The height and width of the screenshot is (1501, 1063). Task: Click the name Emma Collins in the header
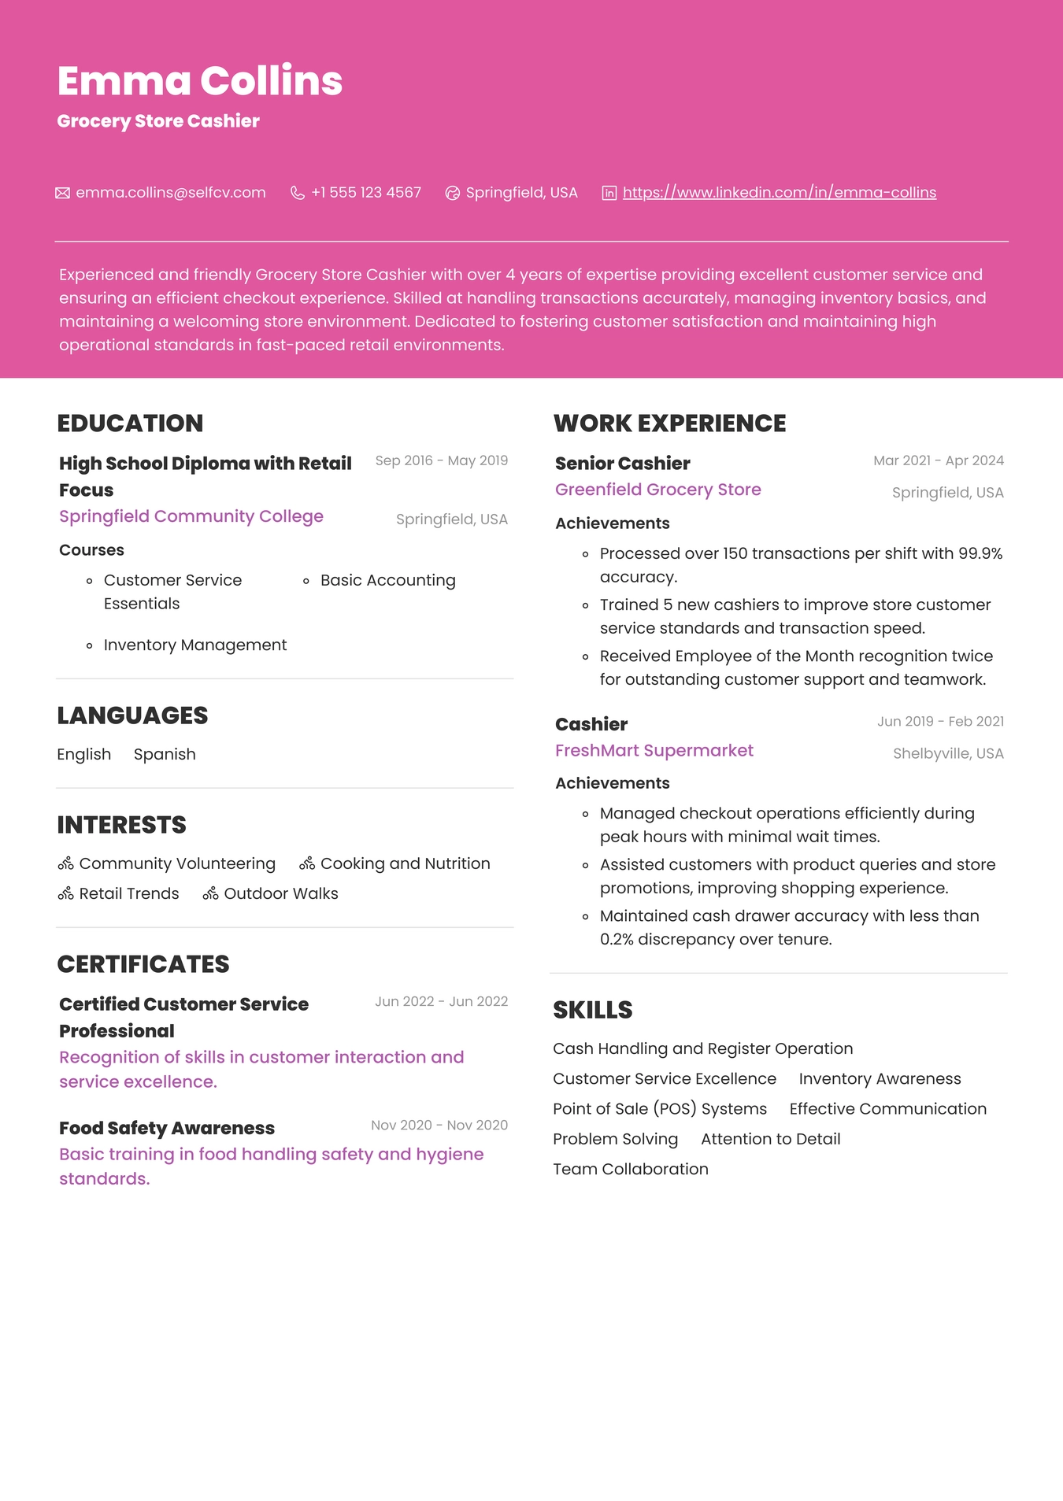(200, 81)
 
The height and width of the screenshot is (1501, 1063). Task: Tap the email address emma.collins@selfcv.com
(171, 193)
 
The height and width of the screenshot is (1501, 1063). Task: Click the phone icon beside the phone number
(297, 193)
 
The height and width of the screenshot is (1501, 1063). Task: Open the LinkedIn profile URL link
(779, 193)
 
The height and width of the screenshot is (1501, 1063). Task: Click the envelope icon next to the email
(62, 193)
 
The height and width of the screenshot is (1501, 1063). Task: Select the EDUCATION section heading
(130, 423)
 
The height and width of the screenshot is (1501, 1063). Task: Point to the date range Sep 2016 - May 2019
(441, 460)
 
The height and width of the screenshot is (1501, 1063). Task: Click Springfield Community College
(191, 516)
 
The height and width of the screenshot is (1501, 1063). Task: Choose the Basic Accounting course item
(387, 581)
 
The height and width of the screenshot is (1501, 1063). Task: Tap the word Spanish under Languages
(165, 754)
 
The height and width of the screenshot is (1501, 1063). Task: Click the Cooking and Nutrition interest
(405, 863)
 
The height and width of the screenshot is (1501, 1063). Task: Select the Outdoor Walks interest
(280, 893)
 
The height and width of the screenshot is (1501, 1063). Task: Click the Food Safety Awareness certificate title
(167, 1128)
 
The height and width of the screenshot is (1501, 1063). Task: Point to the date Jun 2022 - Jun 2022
(441, 1001)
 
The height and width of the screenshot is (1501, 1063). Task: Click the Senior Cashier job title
(622, 464)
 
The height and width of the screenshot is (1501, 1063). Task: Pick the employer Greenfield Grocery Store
(657, 490)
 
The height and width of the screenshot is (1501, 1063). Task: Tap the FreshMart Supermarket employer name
(654, 751)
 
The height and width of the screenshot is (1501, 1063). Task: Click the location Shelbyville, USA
(948, 753)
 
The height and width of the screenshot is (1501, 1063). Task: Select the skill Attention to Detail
(770, 1139)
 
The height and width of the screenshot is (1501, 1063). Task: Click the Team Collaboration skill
(630, 1169)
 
